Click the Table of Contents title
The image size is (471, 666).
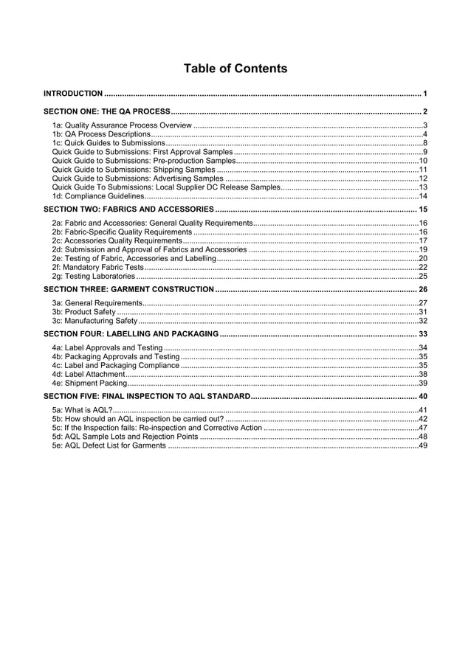[235, 69]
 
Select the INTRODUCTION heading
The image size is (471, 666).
[72, 94]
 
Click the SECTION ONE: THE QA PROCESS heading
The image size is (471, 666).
[107, 111]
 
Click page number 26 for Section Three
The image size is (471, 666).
[422, 289]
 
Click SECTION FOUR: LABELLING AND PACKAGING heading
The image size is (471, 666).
[131, 334]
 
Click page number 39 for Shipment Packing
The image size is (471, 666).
[423, 384]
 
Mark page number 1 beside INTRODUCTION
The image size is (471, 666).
[425, 94]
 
